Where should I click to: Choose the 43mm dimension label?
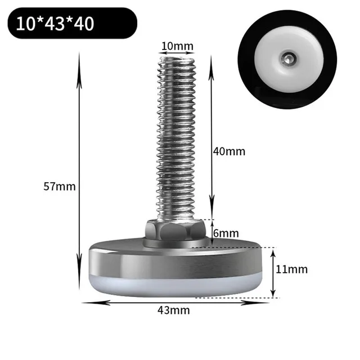174,310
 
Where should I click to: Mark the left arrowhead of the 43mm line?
85,302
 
